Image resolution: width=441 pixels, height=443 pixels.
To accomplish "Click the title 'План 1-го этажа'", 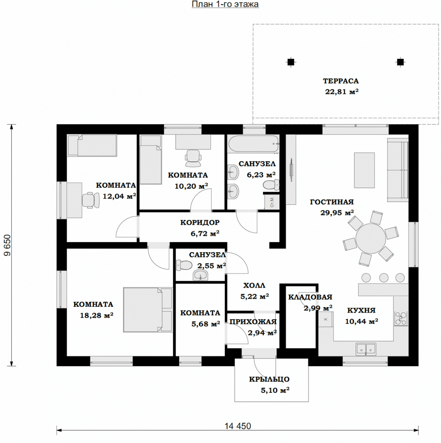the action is tap(225, 4).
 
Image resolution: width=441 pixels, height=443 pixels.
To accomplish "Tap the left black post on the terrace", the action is tap(291, 62).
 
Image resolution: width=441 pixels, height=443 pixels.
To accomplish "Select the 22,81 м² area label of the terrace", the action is tap(342, 92).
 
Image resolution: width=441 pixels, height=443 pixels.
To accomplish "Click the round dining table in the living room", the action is tap(371, 238).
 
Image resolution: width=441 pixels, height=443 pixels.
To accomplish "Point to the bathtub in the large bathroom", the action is tap(253, 144).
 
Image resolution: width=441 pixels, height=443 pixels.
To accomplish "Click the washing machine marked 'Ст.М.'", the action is tap(272, 202).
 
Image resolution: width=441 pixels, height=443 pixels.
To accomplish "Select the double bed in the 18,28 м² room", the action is tap(148, 309).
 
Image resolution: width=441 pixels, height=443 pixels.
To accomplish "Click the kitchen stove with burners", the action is tap(401, 318).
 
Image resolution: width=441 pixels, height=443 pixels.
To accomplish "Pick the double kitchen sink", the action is tap(366, 349).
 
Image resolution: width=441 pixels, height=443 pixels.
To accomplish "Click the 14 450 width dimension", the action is tap(238, 426).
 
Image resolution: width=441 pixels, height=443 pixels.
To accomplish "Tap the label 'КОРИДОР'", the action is tap(200, 223).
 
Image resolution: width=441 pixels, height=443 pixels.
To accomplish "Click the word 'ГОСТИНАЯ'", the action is tap(332, 202).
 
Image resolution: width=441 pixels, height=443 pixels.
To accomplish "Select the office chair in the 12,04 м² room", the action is tap(91, 200).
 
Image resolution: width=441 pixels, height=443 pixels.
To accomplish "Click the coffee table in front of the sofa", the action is tap(364, 170).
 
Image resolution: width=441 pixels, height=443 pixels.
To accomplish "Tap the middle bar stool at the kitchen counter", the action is tap(383, 278).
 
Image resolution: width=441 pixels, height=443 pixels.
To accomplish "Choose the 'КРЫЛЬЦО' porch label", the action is tap(269, 379).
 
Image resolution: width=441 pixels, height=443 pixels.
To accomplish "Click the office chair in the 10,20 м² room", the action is tap(193, 158).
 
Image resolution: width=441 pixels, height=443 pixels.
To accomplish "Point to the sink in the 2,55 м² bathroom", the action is tap(200, 275).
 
